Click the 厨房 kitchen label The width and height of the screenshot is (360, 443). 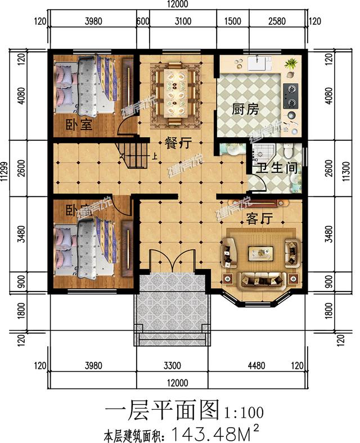(x=245, y=109)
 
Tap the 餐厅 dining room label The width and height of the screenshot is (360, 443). (x=176, y=143)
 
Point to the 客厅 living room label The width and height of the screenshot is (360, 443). (x=259, y=219)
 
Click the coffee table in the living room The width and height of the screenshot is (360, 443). (x=260, y=254)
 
